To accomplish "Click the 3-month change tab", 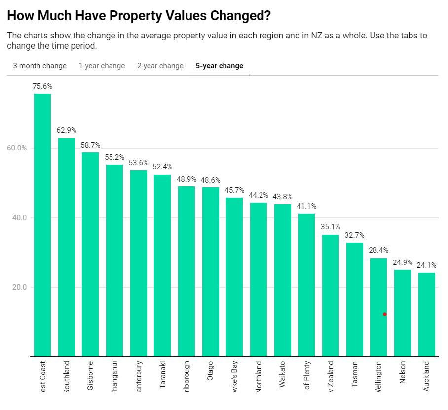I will pyautogui.click(x=39, y=66).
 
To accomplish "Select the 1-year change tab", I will pyautogui.click(x=102, y=66).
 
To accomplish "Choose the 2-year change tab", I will pyautogui.click(x=160, y=66).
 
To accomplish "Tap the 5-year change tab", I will pyautogui.click(x=220, y=66).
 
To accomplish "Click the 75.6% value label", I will pyautogui.click(x=42, y=86).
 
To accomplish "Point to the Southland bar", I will pyautogui.click(x=67, y=247).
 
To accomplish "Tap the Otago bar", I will pyautogui.click(x=211, y=271).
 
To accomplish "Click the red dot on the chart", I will pyautogui.click(x=385, y=314).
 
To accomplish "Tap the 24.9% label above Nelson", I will pyautogui.click(x=403, y=262).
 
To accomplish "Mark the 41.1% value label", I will pyautogui.click(x=306, y=206).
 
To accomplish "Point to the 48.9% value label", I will pyautogui.click(x=187, y=178).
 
